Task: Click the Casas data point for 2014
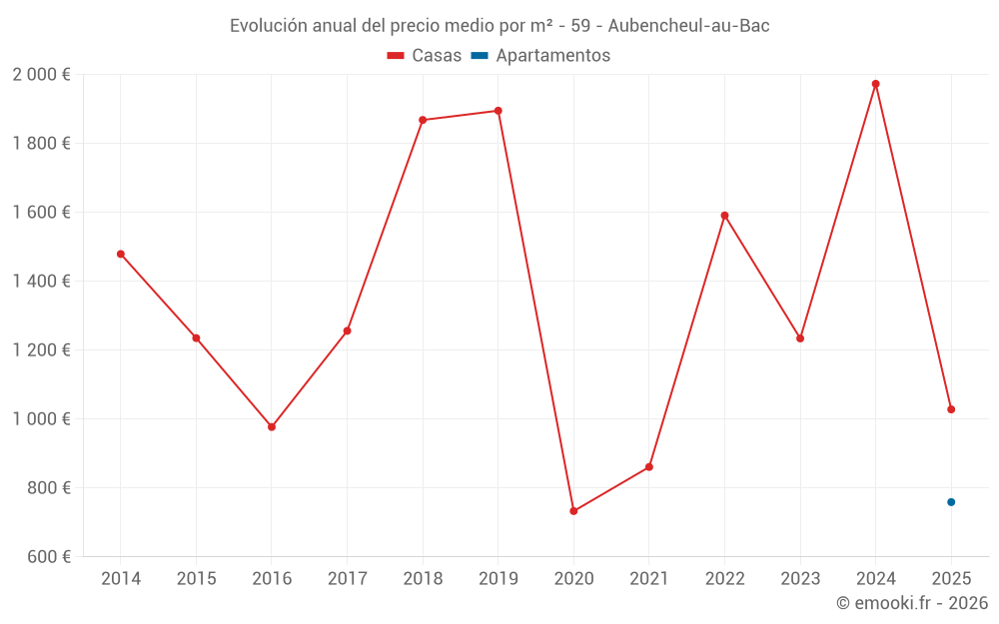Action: coord(121,254)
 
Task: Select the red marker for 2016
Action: coord(272,426)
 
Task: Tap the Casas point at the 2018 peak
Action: coord(423,120)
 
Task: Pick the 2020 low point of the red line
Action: coord(573,511)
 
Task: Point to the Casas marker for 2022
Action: coord(724,216)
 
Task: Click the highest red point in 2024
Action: coord(876,84)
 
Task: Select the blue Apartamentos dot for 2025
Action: coord(951,502)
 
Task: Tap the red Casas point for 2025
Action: coord(951,409)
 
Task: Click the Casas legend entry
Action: coord(425,56)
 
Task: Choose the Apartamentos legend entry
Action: coord(540,56)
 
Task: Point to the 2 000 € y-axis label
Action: coord(42,75)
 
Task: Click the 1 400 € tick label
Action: coord(42,282)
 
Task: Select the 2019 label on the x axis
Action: coord(498,578)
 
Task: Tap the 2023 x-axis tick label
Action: coord(800,578)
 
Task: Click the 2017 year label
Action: coord(347,578)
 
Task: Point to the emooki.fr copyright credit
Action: coord(911,603)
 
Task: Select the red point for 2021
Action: coord(649,467)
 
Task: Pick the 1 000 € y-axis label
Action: coord(42,419)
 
